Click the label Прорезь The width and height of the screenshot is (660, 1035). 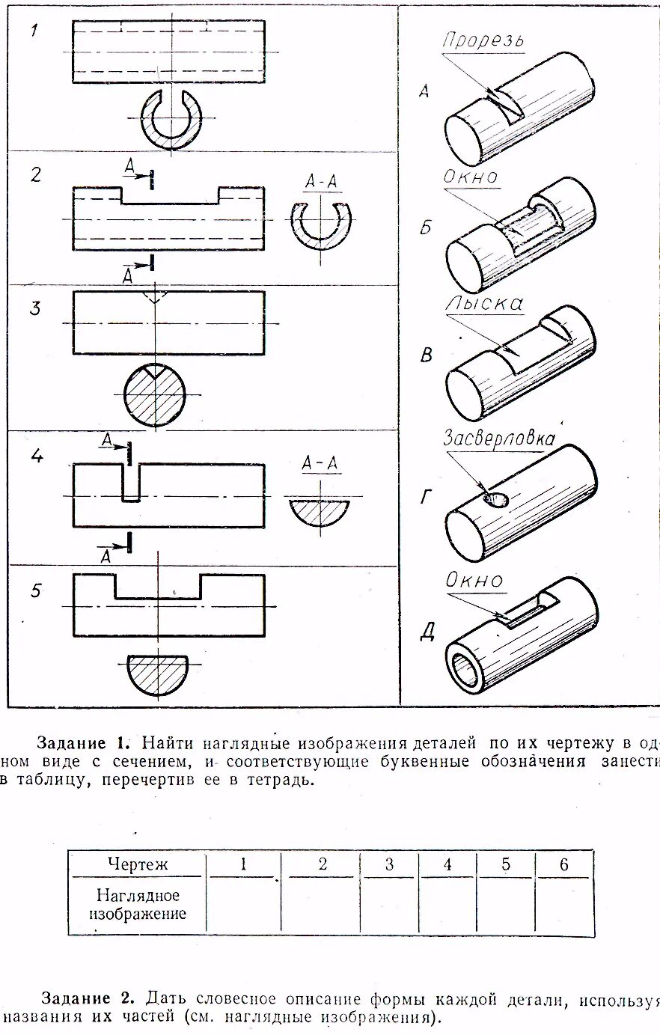[483, 40]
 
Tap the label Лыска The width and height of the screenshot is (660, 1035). [484, 304]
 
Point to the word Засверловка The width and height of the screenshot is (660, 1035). [498, 438]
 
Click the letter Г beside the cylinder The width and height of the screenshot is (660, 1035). [427, 495]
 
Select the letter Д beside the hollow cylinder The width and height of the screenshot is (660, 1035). [427, 632]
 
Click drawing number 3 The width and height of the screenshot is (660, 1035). [35, 308]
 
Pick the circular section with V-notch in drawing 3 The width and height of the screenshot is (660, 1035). [154, 394]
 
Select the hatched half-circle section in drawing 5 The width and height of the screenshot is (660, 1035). [156, 673]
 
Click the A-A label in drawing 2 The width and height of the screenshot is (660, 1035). [321, 182]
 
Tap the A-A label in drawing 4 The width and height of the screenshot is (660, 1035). [320, 464]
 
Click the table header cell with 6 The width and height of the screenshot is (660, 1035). [563, 865]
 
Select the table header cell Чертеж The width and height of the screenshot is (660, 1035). [137, 865]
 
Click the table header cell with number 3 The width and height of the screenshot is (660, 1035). [389, 865]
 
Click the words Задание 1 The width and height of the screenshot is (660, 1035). [83, 743]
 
